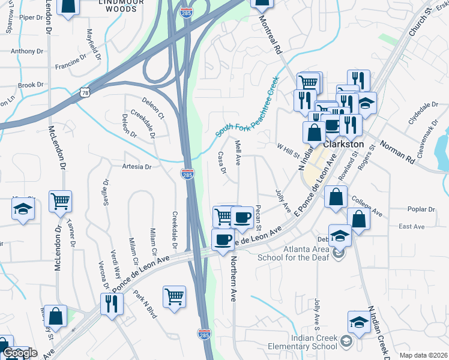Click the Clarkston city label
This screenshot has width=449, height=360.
click(344, 145)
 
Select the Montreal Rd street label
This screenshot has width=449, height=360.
click(270, 35)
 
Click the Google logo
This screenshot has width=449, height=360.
click(19, 353)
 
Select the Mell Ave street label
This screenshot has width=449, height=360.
click(238, 153)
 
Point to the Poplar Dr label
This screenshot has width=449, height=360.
click(420, 209)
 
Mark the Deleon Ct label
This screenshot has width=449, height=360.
click(153, 107)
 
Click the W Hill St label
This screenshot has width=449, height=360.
click(288, 150)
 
